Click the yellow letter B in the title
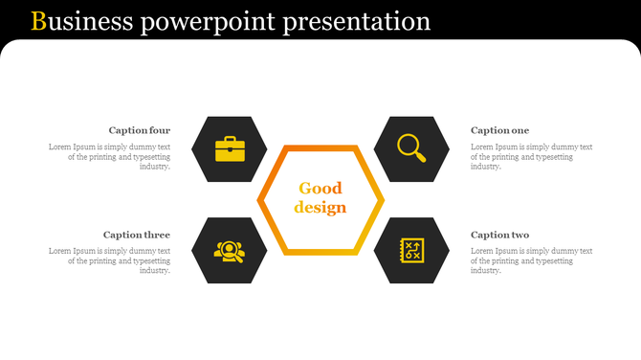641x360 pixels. pyautogui.click(x=38, y=21)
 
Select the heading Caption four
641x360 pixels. pyautogui.click(x=139, y=130)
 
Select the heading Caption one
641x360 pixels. pyautogui.click(x=499, y=130)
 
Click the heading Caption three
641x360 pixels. pyautogui.click(x=137, y=235)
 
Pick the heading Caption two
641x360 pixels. pyautogui.click(x=499, y=235)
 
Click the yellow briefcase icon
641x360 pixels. pyautogui.click(x=229, y=149)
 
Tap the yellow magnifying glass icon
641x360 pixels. pyautogui.click(x=411, y=148)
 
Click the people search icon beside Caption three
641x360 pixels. pyautogui.click(x=229, y=251)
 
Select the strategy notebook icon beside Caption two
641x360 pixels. pyautogui.click(x=412, y=251)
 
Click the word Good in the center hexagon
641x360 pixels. pyautogui.click(x=320, y=189)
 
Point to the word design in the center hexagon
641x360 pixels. pyautogui.click(x=320, y=208)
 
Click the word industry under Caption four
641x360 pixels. pyautogui.click(x=155, y=167)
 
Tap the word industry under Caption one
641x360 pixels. pyautogui.click(x=486, y=167)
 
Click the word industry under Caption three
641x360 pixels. pyautogui.click(x=155, y=270)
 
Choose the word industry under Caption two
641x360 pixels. pyautogui.click(x=486, y=270)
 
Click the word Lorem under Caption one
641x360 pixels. pyautogui.click(x=482, y=146)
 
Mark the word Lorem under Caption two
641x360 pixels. pyautogui.click(x=482, y=251)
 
